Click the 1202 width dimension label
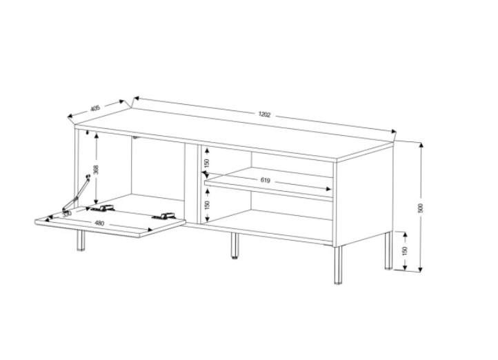click(264, 114)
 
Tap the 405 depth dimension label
click(95, 108)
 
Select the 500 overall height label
click(421, 208)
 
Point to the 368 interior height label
click(97, 170)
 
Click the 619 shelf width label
click(265, 180)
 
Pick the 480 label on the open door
click(99, 223)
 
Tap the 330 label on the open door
click(67, 214)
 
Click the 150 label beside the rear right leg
click(405, 251)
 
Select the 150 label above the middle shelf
click(207, 163)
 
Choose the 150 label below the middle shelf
click(207, 205)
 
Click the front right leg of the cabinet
click(338, 265)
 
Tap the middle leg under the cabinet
click(235, 246)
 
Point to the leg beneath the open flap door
click(81, 240)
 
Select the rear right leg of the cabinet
click(388, 251)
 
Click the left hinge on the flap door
click(103, 208)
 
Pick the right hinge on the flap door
click(164, 216)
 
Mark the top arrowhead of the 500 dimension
click(421, 145)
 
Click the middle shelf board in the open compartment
click(269, 184)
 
